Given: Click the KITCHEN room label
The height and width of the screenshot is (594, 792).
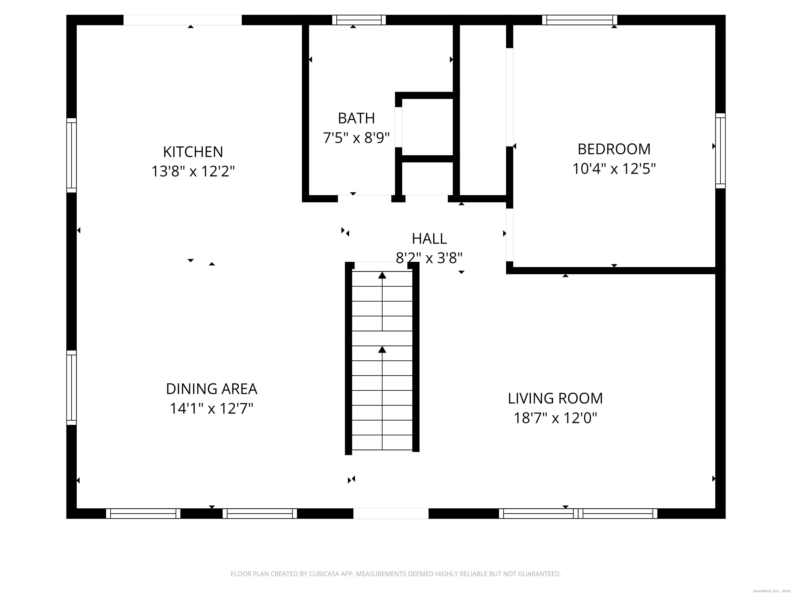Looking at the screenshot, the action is coord(193,152).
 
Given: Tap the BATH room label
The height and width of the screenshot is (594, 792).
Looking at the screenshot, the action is coord(356,118).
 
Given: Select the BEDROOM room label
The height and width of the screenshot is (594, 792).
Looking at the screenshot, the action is coord(614,149).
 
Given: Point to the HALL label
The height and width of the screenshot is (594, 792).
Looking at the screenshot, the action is coord(429,238).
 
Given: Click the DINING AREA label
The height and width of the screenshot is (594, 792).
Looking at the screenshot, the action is coord(212,389).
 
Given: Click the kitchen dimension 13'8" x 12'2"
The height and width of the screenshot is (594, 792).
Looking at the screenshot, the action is coord(193,171).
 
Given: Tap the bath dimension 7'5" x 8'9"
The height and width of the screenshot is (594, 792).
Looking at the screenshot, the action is coord(356,137).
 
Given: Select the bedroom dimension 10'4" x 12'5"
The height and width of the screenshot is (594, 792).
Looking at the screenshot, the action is coord(614,168).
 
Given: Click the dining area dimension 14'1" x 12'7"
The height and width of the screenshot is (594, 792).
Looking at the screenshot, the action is coord(212,408).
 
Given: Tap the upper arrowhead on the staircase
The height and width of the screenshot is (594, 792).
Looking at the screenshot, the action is coord(382,275).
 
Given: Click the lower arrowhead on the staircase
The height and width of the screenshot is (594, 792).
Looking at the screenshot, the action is coord(382,349).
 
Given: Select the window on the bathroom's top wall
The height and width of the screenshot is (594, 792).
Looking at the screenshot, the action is coord(359,20).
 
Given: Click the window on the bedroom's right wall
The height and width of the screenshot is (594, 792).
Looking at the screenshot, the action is coord(720,151).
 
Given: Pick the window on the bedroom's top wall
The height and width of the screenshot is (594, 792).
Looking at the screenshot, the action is coord(580,20).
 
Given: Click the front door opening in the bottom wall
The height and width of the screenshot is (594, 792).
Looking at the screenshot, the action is coord(391,514).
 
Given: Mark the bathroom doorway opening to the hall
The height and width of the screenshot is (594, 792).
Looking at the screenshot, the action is coord(365,199).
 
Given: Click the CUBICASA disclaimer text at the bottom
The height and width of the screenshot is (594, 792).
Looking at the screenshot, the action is coord(396,574).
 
